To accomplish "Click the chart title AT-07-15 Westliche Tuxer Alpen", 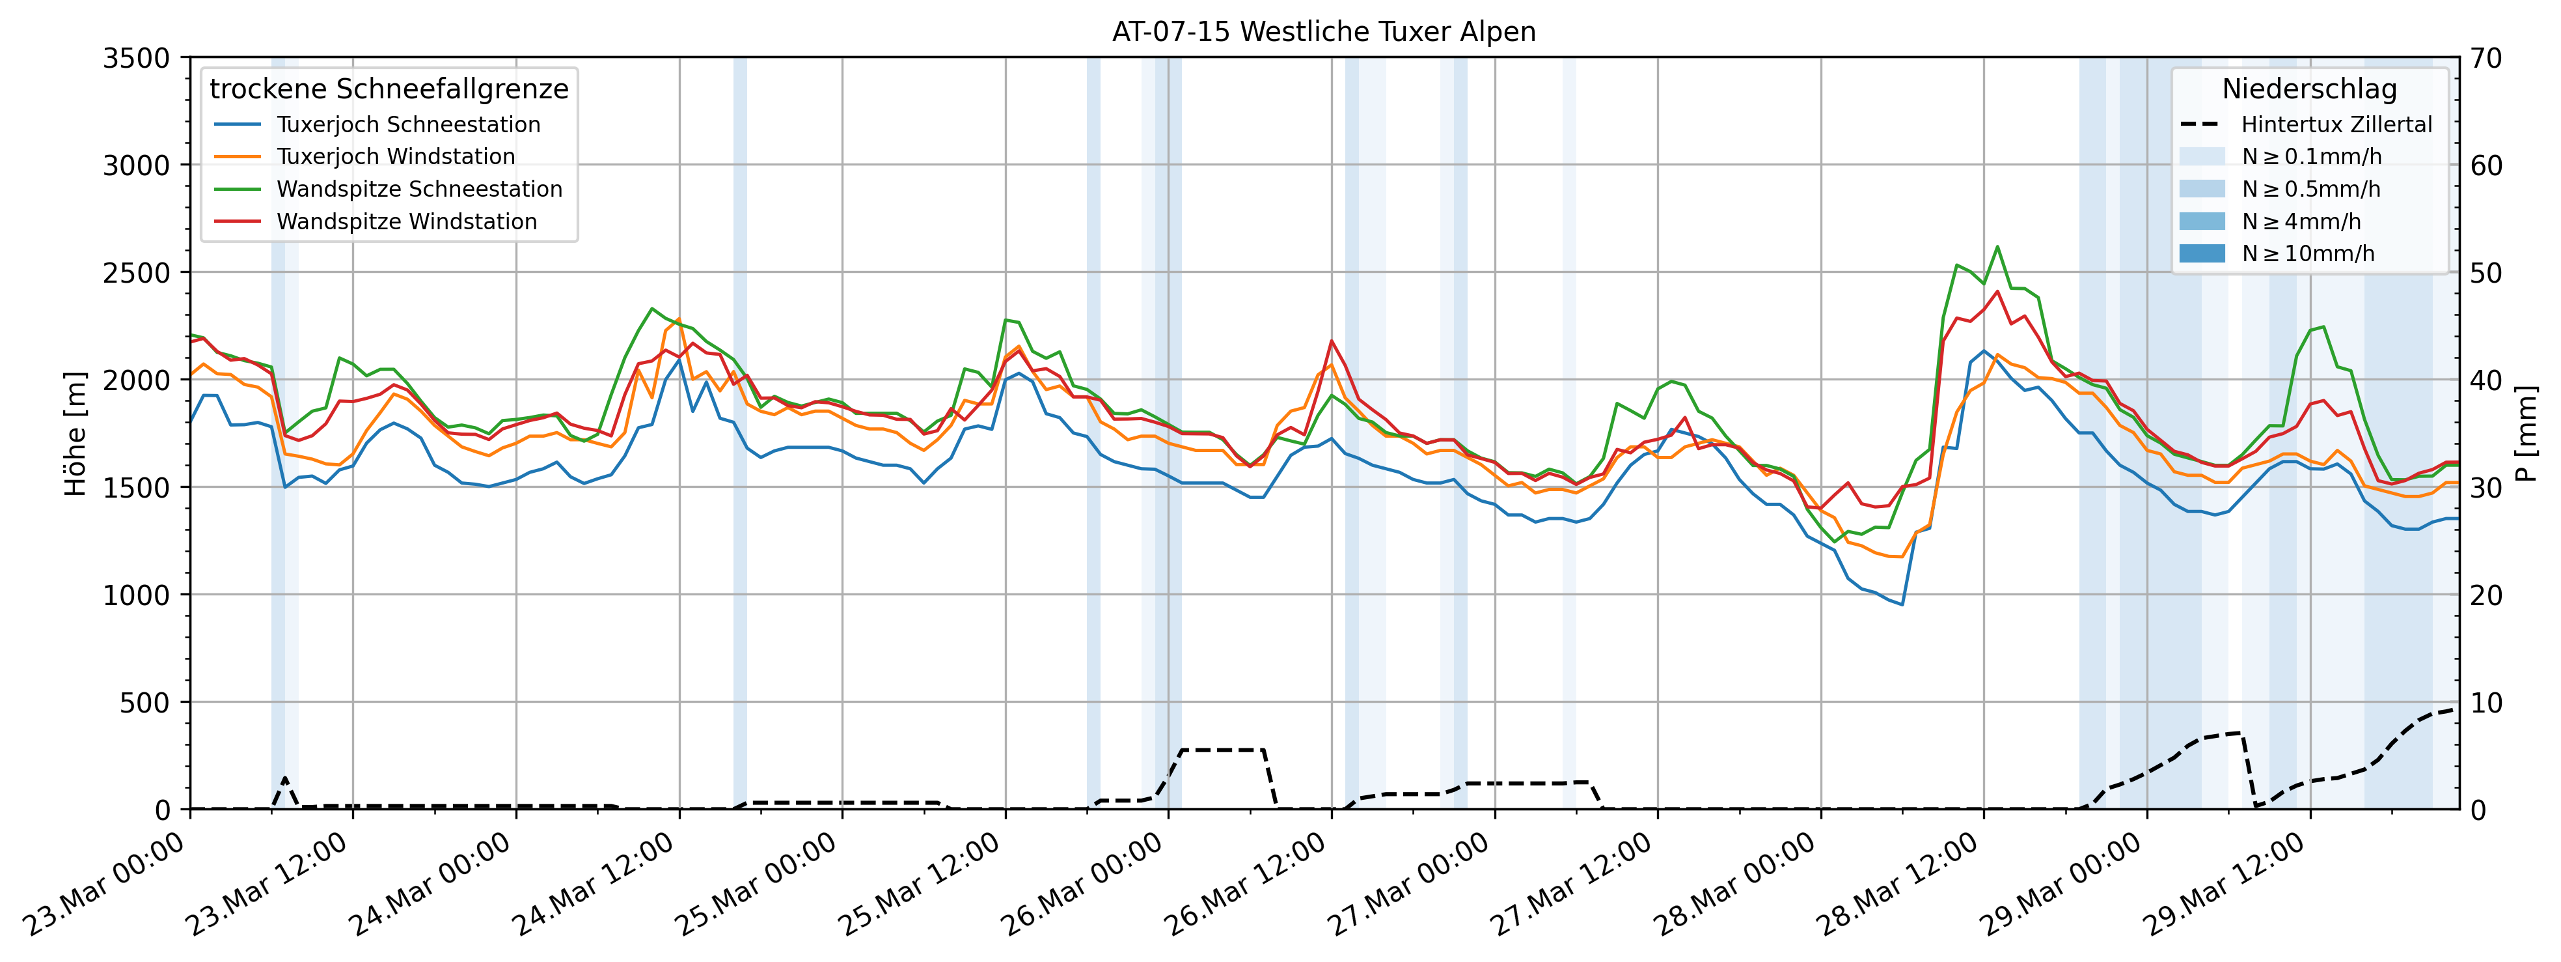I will [1323, 32].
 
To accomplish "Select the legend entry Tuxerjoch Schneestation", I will [407, 124].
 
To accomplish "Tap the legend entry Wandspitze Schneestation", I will [418, 189].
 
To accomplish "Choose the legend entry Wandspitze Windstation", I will [405, 221].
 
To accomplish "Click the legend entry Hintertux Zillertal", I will [2335, 124].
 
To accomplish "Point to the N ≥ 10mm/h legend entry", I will [2307, 253].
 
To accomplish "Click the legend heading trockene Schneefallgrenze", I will [389, 89].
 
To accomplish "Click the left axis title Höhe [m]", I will [75, 434].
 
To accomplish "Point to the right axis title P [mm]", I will [2527, 434].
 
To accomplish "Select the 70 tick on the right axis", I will [2486, 58].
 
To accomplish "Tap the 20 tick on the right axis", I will [2486, 595].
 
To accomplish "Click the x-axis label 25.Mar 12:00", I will [920, 883].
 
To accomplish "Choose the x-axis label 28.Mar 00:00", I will [1735, 883].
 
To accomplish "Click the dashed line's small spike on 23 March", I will [285, 778].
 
